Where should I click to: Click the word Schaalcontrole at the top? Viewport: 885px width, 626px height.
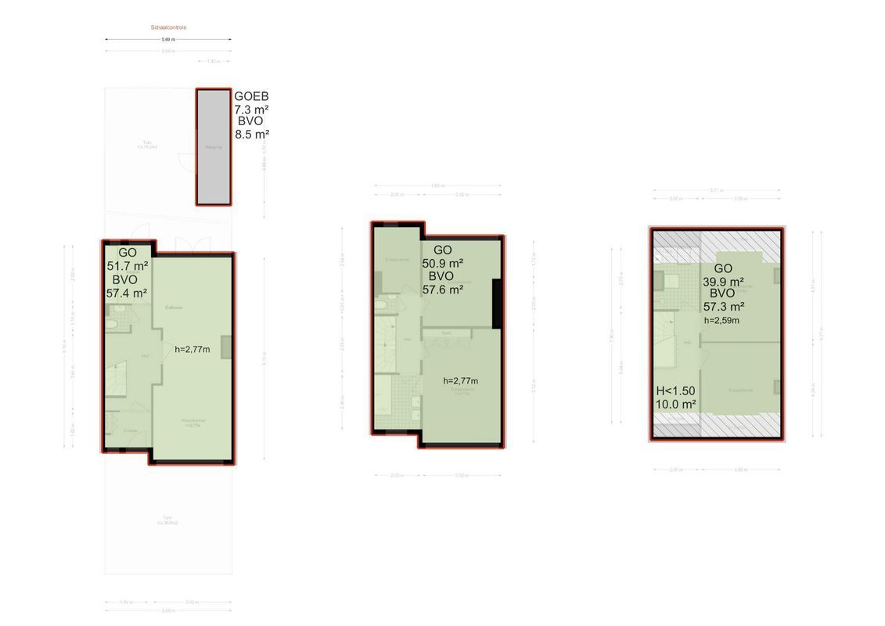pyautogui.click(x=168, y=27)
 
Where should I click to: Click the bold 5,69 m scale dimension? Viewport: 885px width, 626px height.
pyautogui.click(x=168, y=39)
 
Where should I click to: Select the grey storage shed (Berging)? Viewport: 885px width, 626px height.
pyautogui.click(x=214, y=146)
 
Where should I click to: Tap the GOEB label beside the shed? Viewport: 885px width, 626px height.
pyautogui.click(x=251, y=96)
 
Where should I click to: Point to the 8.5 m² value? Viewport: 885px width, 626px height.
pyautogui.click(x=252, y=134)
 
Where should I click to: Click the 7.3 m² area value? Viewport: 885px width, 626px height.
pyautogui.click(x=251, y=110)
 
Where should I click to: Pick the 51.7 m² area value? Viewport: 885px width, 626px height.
pyautogui.click(x=127, y=266)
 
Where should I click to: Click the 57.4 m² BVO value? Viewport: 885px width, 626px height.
pyautogui.click(x=127, y=293)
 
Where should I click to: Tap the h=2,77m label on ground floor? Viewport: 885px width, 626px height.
pyautogui.click(x=192, y=349)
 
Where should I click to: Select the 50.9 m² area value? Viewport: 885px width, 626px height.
pyautogui.click(x=443, y=263)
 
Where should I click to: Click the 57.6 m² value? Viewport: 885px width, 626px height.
pyautogui.click(x=443, y=289)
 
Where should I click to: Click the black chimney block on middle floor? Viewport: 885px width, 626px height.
pyautogui.click(x=496, y=304)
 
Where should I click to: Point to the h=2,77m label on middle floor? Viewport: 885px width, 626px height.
pyautogui.click(x=460, y=381)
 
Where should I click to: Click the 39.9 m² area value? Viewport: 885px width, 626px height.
pyautogui.click(x=723, y=282)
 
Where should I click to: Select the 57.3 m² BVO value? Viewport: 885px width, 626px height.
pyautogui.click(x=723, y=307)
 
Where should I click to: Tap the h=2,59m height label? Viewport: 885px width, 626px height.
pyautogui.click(x=721, y=320)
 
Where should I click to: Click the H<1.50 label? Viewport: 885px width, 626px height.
pyautogui.click(x=675, y=391)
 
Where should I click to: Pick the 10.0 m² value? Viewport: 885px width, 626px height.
pyautogui.click(x=676, y=405)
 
